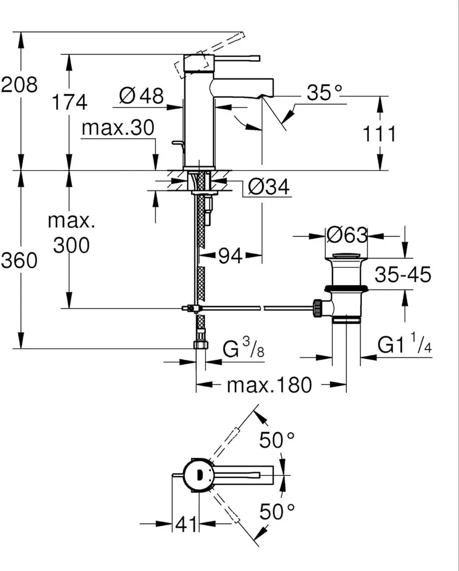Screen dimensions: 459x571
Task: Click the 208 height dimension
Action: (x=20, y=85)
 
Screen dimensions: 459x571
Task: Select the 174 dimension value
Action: (x=70, y=102)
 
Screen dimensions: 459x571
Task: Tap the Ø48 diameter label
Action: (x=141, y=96)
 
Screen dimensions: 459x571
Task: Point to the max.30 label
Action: (x=118, y=128)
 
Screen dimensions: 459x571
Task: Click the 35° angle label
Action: (x=324, y=93)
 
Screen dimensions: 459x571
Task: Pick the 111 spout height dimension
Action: (x=379, y=134)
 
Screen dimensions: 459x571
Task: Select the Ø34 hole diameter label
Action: (x=269, y=187)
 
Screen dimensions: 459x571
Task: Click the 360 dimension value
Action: (x=19, y=260)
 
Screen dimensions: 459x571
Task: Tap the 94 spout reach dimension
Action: (x=230, y=256)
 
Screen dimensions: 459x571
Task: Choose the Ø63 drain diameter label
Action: (x=347, y=235)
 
